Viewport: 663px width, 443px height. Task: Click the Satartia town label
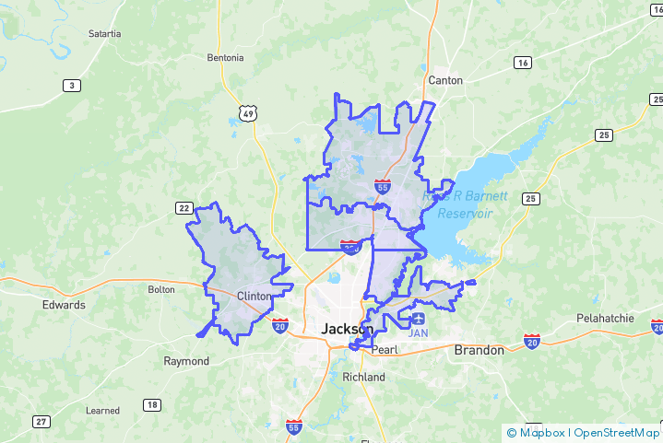click(104, 33)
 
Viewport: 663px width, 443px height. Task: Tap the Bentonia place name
click(226, 57)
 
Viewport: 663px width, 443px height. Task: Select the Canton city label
click(445, 80)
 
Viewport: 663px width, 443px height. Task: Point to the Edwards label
click(64, 305)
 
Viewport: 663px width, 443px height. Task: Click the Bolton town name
click(160, 289)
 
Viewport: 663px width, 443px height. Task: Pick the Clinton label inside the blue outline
click(255, 296)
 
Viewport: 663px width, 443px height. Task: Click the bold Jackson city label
click(347, 329)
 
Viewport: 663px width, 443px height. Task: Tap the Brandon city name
click(479, 350)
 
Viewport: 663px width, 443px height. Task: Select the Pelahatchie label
click(605, 319)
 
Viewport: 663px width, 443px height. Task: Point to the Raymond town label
click(186, 361)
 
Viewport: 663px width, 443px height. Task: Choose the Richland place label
click(363, 378)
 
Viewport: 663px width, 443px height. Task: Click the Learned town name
click(102, 410)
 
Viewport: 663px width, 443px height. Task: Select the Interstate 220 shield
click(350, 246)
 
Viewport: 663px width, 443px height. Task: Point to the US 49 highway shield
click(246, 112)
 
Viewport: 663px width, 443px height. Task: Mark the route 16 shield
click(523, 63)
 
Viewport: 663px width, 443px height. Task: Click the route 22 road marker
click(184, 208)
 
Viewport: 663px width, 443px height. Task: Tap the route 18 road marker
click(151, 405)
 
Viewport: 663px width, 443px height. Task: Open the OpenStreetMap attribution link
click(617, 432)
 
